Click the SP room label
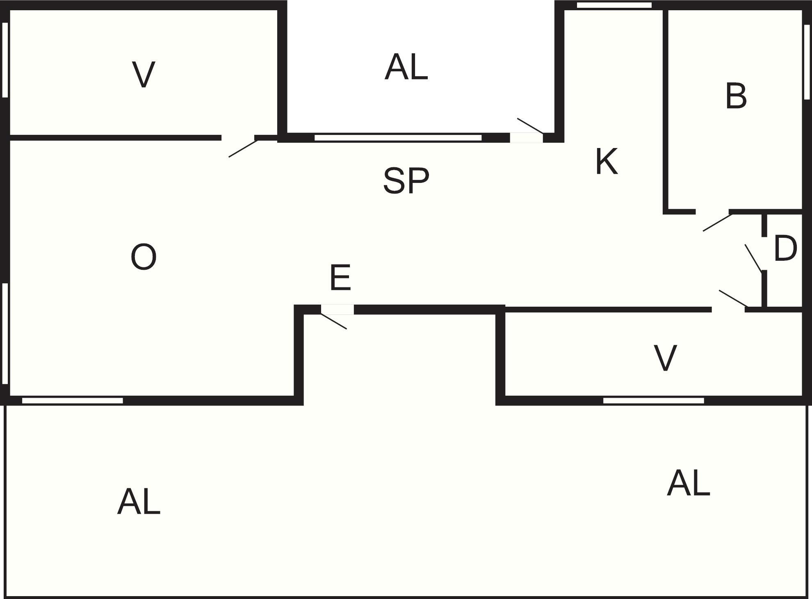(406, 180)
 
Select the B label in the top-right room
(736, 96)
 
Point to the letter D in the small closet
(785, 248)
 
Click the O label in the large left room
(144, 257)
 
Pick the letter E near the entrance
(340, 278)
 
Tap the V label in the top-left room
(144, 74)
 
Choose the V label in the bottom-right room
(665, 358)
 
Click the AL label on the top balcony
(406, 67)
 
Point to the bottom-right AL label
(688, 483)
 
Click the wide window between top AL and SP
(398, 137)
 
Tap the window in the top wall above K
(614, 5)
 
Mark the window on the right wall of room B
(807, 62)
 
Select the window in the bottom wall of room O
(73, 401)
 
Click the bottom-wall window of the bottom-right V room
(653, 401)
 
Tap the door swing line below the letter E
(333, 321)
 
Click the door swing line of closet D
(753, 258)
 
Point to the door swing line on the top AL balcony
(530, 126)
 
